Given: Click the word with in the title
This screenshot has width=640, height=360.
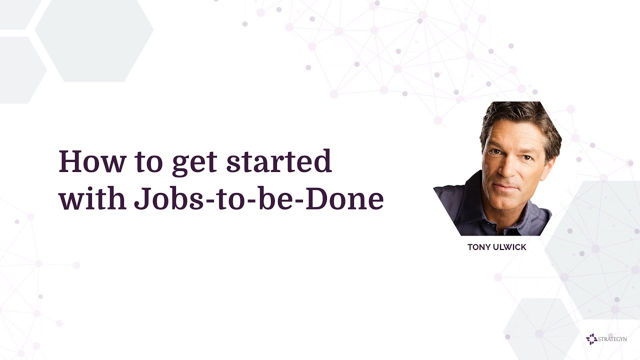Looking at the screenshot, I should (x=91, y=198).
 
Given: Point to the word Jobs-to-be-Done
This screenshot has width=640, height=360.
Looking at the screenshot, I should (x=259, y=198).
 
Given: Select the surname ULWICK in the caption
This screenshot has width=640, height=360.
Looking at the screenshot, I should (x=510, y=247).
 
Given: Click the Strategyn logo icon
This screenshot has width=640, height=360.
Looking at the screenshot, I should (x=591, y=339).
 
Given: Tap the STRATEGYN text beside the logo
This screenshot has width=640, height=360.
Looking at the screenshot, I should (x=613, y=339).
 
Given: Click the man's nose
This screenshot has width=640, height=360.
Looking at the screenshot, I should (x=506, y=170).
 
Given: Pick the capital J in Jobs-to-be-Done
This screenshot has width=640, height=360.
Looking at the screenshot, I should (x=140, y=198).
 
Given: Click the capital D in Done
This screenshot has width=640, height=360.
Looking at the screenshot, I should (x=318, y=198).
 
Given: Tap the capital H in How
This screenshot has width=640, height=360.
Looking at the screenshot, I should (x=70, y=161).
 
